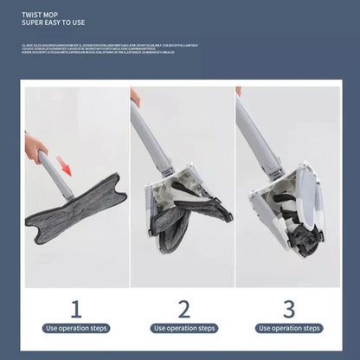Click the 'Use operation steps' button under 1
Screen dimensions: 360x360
[x=77, y=329]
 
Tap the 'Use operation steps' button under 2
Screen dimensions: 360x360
[x=183, y=329]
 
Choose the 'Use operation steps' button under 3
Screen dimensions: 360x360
[x=289, y=329]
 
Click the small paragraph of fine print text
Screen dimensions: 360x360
[x=104, y=48]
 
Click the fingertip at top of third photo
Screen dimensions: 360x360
[x=238, y=90]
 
